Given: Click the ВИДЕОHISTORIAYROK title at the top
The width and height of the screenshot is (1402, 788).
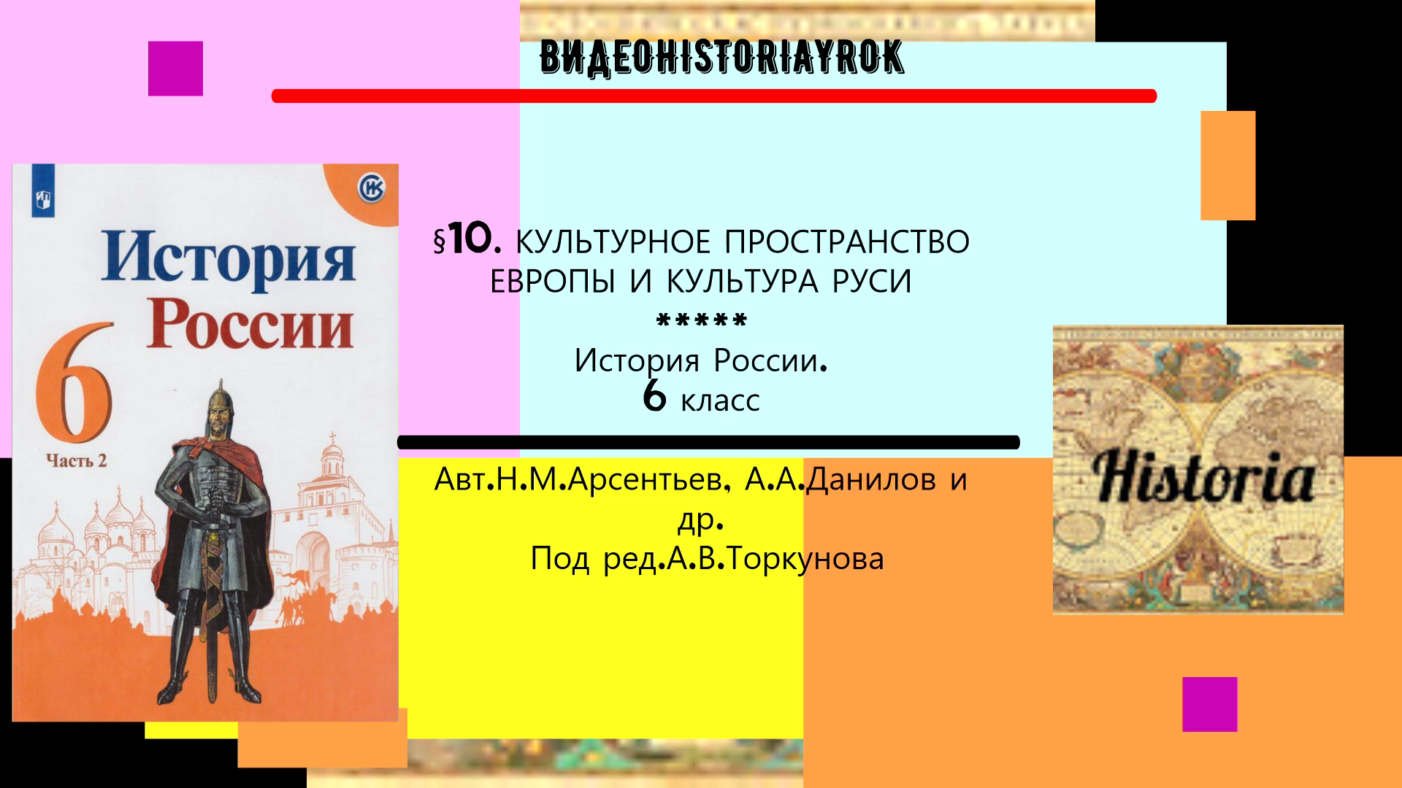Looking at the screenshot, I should pos(721,58).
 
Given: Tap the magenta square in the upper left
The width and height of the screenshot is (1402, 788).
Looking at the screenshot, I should pos(175,69).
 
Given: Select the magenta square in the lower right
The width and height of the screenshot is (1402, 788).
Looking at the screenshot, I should pos(1209,704).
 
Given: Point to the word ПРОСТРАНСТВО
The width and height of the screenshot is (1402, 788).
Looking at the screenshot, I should pos(847,242).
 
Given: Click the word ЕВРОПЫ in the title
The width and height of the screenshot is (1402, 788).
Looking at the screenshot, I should pos(553,282).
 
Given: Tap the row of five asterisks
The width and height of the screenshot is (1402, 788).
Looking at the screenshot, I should pos(702,320).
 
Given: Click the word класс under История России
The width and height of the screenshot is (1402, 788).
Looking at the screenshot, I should pos(720,401).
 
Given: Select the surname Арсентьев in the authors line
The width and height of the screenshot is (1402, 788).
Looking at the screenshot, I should pos(646,479).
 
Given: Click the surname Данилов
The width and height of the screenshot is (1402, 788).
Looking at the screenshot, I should pos(871,479).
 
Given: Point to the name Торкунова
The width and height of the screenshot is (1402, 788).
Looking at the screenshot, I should pos(805,559).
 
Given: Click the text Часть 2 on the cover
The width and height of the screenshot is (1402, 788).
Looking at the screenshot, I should pos(76,460).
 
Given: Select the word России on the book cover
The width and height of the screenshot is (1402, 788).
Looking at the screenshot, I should pos(250,325).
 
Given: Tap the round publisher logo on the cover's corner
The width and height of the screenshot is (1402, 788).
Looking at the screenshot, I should pos(371,189).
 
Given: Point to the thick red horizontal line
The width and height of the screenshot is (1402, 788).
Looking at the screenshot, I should pos(713,96).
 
